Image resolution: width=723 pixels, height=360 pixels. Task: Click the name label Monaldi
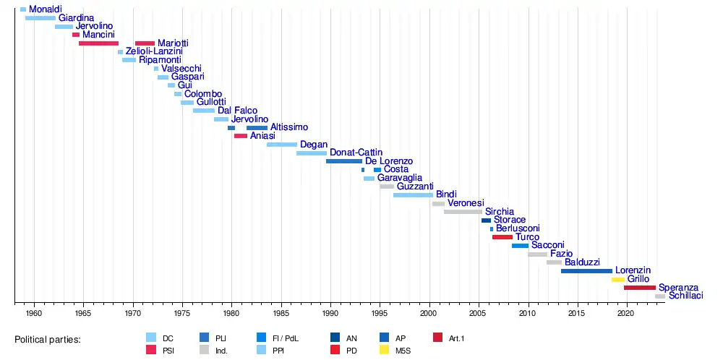click(x=45, y=9)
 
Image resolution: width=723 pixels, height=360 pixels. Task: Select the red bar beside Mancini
click(x=76, y=35)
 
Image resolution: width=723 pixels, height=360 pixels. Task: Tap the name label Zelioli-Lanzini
click(x=154, y=52)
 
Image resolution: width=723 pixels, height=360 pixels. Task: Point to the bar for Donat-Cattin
click(x=312, y=153)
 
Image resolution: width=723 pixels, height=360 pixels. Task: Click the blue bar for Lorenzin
click(x=586, y=271)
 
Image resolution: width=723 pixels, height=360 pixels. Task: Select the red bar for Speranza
click(x=640, y=288)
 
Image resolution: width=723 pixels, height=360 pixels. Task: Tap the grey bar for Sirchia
click(x=463, y=212)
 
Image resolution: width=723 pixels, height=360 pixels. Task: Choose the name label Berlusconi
click(x=518, y=229)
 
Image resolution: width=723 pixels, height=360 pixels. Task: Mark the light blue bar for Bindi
click(x=413, y=195)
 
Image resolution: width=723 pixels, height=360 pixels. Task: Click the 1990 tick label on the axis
click(x=330, y=314)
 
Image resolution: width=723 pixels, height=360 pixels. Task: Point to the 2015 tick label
click(x=577, y=314)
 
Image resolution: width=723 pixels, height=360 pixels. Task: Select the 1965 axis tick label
click(x=83, y=314)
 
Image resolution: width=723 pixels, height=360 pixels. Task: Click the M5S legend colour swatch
click(x=385, y=350)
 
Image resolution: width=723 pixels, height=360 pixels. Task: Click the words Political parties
click(x=48, y=339)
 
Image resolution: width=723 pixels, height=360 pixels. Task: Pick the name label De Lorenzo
click(x=389, y=161)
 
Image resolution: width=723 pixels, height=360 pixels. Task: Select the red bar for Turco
click(x=502, y=237)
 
